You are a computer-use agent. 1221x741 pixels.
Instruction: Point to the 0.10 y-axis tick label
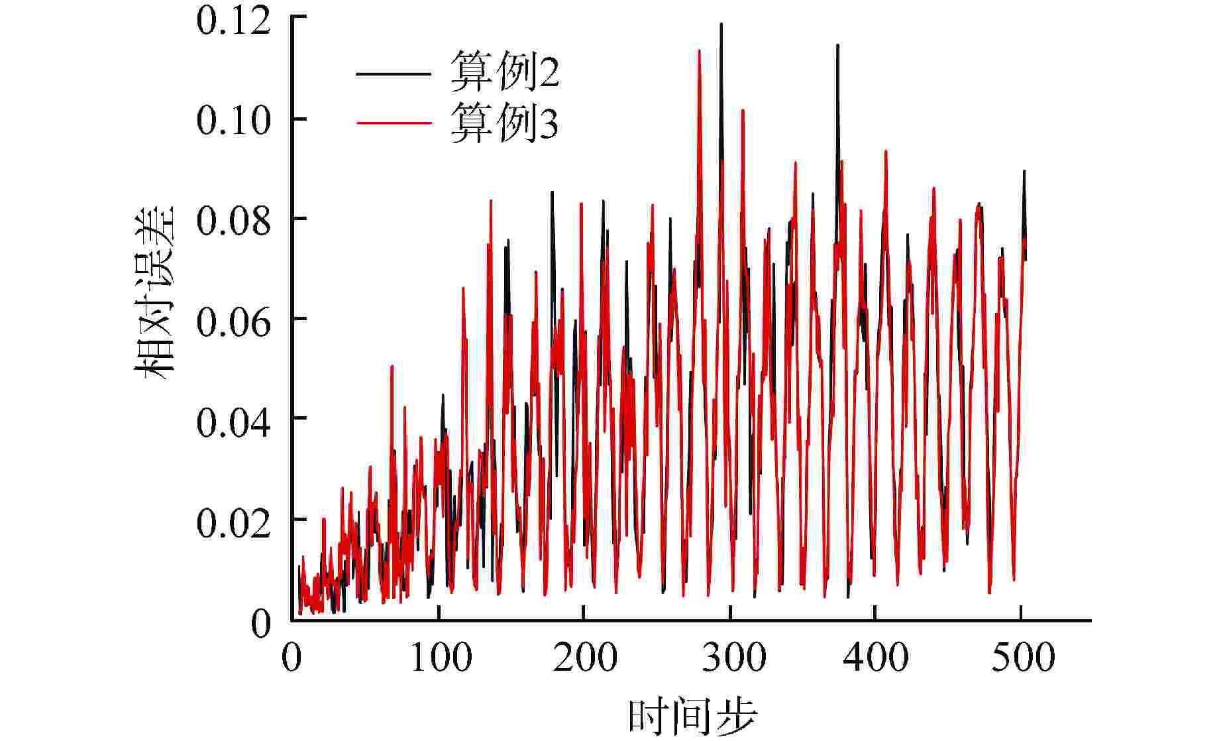click(234, 121)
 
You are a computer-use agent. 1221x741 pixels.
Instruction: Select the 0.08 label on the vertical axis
click(234, 221)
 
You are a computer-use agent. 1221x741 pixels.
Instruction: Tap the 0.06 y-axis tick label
click(234, 321)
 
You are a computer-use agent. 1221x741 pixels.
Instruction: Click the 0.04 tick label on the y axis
click(234, 422)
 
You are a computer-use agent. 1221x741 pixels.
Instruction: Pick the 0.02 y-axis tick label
click(234, 522)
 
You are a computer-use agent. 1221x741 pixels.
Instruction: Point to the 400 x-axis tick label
click(877, 658)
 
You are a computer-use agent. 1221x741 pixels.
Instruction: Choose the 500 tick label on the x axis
click(1023, 658)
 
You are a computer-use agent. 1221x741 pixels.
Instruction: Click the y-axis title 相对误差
click(154, 292)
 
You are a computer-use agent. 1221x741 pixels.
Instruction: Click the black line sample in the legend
click(394, 74)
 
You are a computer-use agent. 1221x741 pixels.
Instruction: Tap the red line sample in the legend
click(394, 123)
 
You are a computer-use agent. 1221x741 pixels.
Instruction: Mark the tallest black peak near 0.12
click(721, 25)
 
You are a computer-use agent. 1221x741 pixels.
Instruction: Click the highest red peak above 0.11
click(699, 51)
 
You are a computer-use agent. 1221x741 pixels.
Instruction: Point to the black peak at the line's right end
click(1024, 172)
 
